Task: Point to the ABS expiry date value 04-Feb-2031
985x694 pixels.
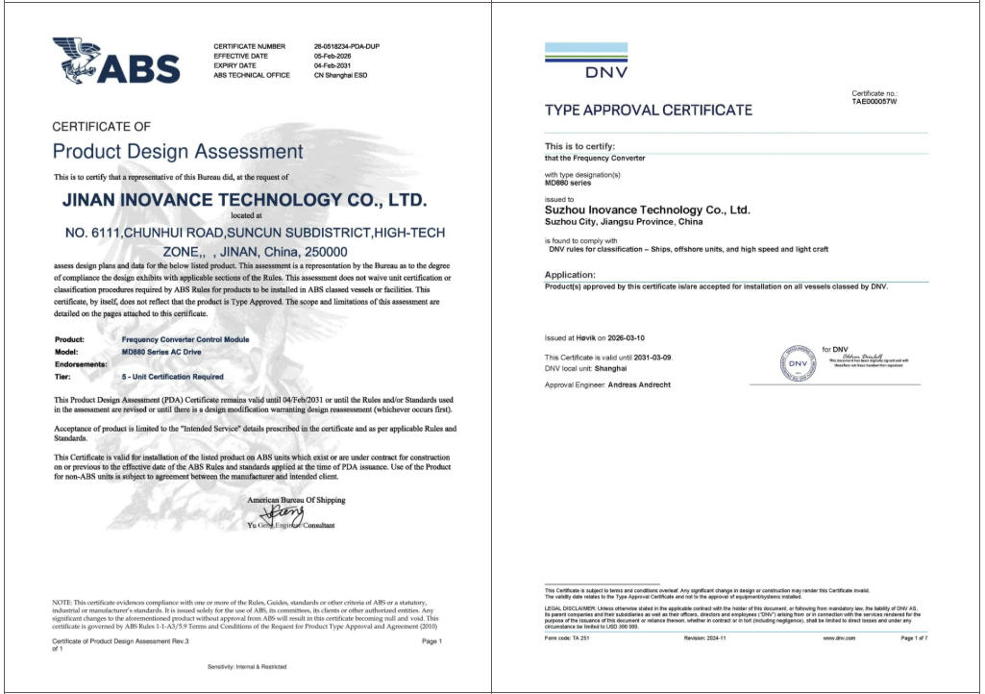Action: (332, 65)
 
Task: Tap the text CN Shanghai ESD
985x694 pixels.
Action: (340, 75)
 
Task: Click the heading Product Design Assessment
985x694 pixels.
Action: (177, 152)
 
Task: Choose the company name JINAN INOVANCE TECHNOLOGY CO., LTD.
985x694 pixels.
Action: (244, 200)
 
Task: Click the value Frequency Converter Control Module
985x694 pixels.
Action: (185, 339)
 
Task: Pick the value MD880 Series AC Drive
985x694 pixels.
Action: (162, 352)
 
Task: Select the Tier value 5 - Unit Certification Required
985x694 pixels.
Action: (173, 377)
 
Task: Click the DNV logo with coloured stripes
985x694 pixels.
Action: (586, 60)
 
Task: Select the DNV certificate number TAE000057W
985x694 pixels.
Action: (874, 101)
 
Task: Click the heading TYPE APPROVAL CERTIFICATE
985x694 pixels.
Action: (649, 111)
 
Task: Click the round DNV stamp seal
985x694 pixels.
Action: (798, 363)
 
